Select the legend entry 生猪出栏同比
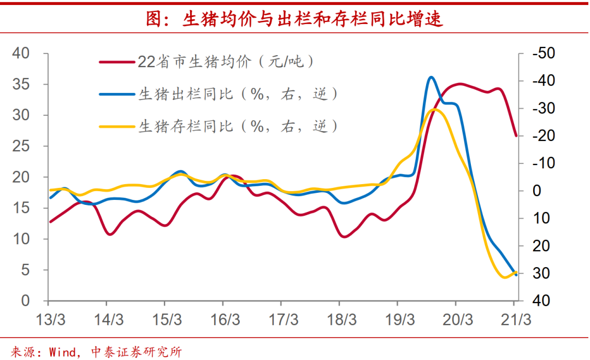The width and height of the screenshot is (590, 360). [x=238, y=94]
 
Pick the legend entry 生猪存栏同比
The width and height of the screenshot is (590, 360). [x=238, y=126]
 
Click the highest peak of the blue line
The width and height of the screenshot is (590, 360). [x=431, y=77]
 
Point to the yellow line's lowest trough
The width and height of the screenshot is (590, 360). [x=505, y=278]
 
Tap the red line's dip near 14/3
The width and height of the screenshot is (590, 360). [x=110, y=234]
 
